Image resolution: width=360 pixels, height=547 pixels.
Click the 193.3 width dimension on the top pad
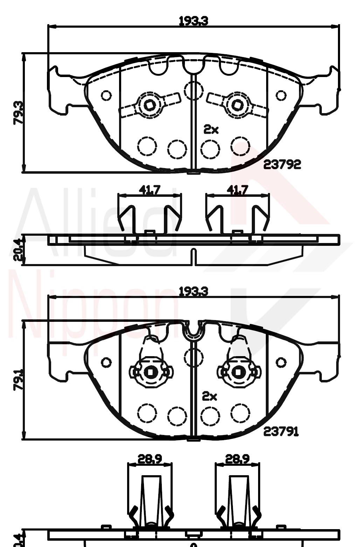click(193, 21)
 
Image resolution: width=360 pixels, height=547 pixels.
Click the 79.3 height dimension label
click(18, 113)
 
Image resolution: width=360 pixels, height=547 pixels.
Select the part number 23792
click(282, 164)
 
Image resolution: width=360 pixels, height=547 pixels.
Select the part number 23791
click(281, 432)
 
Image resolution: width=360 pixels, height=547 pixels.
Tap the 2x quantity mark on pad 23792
click(211, 130)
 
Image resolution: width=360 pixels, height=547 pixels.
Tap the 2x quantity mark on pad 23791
click(210, 396)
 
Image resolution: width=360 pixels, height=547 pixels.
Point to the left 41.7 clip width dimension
click(150, 190)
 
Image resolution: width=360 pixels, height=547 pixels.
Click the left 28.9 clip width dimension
click(150, 459)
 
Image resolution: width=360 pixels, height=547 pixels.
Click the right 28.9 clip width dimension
click(237, 459)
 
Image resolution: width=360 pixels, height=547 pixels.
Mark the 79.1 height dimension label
click(18, 379)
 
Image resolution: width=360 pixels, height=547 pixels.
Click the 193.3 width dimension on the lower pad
click(193, 291)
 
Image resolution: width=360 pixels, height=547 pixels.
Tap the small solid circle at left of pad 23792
click(106, 95)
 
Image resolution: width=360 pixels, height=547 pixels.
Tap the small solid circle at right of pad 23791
click(281, 362)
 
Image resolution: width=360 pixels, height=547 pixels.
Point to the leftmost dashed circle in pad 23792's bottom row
click(147, 146)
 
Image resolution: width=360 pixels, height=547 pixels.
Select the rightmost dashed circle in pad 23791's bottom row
click(240, 413)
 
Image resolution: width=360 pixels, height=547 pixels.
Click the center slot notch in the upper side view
click(193, 257)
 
